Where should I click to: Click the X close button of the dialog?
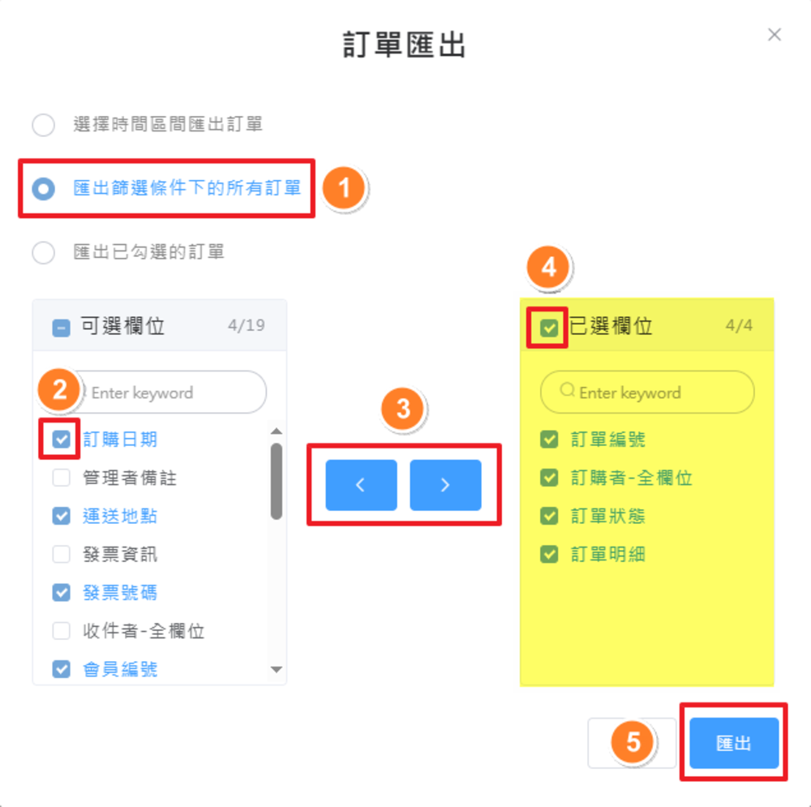click(775, 34)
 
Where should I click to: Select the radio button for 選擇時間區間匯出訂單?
click(43, 125)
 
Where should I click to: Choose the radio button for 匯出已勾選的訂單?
click(43, 252)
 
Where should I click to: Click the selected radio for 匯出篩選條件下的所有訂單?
click(43, 189)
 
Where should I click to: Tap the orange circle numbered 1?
click(344, 189)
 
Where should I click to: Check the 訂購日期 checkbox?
click(61, 440)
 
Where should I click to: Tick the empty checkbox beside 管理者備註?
click(61, 478)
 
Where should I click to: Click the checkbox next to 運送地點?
click(61, 516)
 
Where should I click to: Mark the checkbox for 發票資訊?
click(61, 555)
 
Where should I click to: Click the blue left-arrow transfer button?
click(361, 485)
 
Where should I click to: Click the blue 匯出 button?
click(734, 743)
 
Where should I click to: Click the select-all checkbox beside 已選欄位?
click(549, 328)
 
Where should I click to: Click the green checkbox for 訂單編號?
click(549, 440)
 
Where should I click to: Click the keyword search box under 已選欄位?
click(647, 393)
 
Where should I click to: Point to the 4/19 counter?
click(247, 326)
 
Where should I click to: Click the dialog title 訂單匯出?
click(404, 45)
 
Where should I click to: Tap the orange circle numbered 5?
click(634, 742)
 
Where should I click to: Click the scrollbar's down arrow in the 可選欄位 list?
click(276, 670)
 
